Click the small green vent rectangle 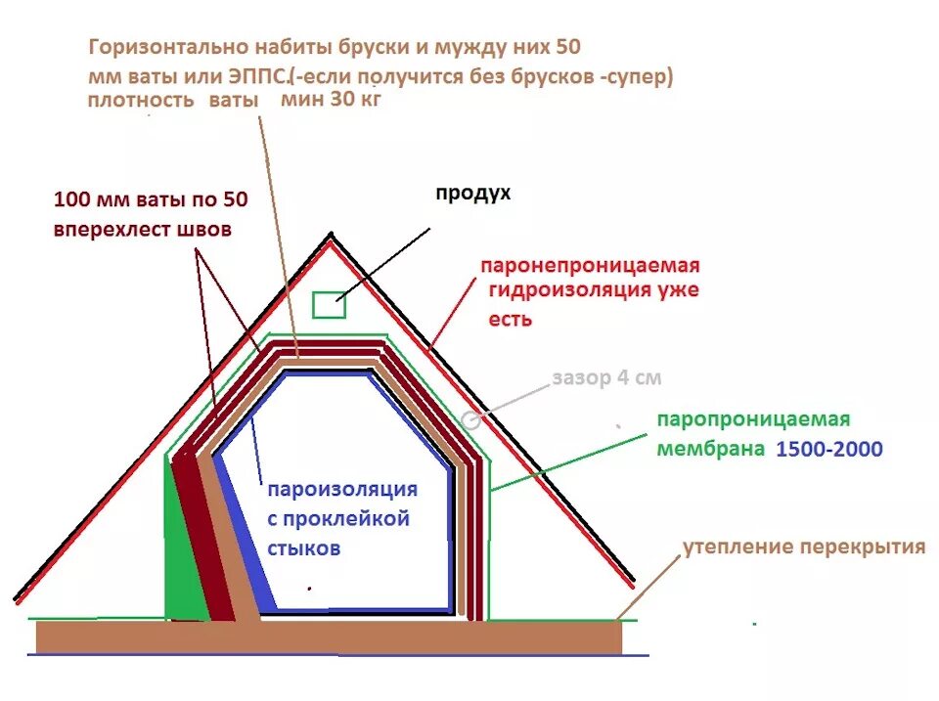[330, 305]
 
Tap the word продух [472, 194]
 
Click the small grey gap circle [470, 420]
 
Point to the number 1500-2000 [829, 450]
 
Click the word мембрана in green [711, 450]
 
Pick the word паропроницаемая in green [753, 419]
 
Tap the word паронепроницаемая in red [591, 266]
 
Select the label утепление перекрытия [803, 547]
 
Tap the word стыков [304, 549]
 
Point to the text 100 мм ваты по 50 [151, 200]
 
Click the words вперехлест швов [143, 231]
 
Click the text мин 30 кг [330, 100]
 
